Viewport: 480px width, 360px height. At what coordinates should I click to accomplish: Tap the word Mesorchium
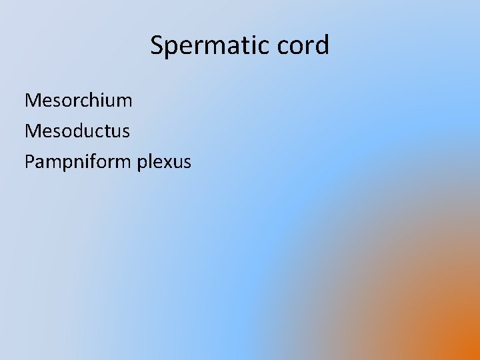(78, 101)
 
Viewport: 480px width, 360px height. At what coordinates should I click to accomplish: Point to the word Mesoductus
(77, 131)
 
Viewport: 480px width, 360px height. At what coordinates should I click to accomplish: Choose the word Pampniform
(78, 161)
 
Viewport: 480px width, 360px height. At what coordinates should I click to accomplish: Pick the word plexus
(164, 161)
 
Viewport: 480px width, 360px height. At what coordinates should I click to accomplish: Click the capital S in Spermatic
(157, 45)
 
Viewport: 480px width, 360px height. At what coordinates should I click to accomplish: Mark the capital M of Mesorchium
(33, 101)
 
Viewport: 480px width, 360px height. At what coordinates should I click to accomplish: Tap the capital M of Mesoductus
(33, 131)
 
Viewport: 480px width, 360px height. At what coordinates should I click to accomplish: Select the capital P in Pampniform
(29, 161)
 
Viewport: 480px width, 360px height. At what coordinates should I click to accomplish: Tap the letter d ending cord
(322, 45)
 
